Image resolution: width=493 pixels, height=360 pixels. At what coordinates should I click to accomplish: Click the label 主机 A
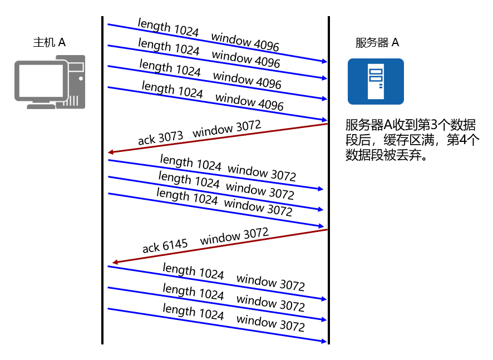[50, 42]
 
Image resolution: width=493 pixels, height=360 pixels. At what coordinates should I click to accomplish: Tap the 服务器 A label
[377, 43]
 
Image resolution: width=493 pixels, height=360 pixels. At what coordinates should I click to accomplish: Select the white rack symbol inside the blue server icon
[375, 80]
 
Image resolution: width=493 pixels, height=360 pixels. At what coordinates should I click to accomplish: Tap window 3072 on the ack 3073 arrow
[226, 129]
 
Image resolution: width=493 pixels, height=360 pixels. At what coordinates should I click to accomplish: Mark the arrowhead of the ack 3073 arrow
[111, 152]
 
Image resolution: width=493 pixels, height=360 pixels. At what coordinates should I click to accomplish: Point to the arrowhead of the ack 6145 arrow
[115, 262]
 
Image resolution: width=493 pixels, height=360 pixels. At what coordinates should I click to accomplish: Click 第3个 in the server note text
[440, 125]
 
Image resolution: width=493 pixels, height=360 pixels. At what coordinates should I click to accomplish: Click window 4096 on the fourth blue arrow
[249, 102]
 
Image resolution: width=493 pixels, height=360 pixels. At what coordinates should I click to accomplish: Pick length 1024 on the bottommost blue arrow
[193, 312]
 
